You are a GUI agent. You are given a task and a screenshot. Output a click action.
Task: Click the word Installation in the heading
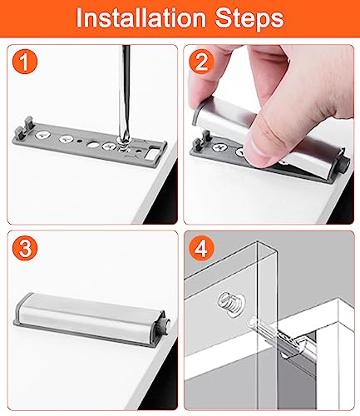pyautogui.click(x=141, y=18)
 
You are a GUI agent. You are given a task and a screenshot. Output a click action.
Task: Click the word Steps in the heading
pyautogui.click(x=249, y=19)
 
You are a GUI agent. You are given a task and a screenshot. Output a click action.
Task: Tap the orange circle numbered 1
pyautogui.click(x=25, y=62)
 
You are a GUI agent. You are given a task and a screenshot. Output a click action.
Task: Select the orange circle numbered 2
pyautogui.click(x=201, y=62)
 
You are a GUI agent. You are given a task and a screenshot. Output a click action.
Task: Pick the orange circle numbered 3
pyautogui.click(x=25, y=248)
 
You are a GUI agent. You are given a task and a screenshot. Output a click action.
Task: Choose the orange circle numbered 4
pyautogui.click(x=201, y=248)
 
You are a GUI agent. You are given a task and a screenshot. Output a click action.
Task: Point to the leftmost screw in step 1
pyautogui.click(x=43, y=136)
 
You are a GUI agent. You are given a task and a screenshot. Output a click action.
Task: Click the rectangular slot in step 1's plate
pyautogui.click(x=151, y=154)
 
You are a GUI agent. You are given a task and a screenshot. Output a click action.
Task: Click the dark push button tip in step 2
pyautogui.click(x=346, y=165)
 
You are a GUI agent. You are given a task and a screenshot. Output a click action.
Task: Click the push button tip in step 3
pyautogui.click(x=166, y=324)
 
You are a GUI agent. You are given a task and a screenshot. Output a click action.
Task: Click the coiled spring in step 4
pyautogui.click(x=229, y=302)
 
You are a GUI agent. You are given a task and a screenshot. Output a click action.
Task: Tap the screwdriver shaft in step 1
pyautogui.click(x=124, y=92)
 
